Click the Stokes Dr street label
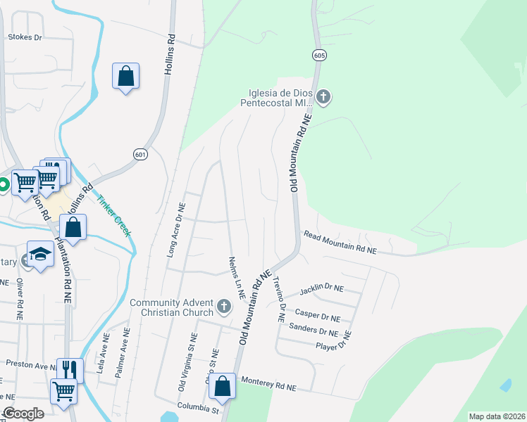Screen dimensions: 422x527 (x=25, y=37)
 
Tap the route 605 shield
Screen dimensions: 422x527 (x=319, y=55)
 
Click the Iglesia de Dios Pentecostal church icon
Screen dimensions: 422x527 (x=323, y=97)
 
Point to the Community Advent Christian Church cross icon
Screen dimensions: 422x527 (x=224, y=306)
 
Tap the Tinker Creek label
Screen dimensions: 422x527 (x=115, y=215)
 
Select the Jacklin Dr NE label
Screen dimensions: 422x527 (x=321, y=289)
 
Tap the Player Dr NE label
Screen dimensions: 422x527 (x=333, y=345)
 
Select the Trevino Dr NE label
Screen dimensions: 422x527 (x=279, y=299)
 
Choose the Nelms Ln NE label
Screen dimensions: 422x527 (x=235, y=278)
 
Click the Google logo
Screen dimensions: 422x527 (x=23, y=414)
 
